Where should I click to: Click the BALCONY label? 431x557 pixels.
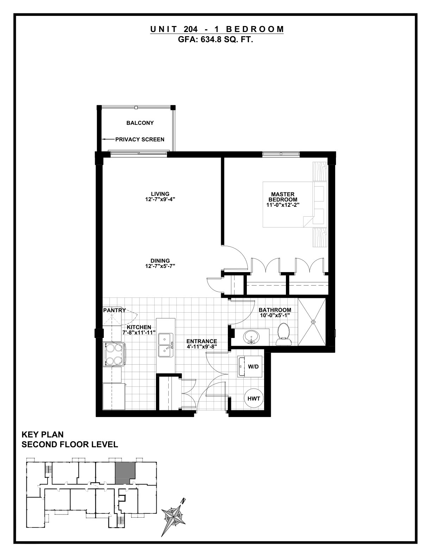pos(140,123)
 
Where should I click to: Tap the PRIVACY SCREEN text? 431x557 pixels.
pos(140,140)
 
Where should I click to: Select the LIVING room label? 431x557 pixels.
pos(160,194)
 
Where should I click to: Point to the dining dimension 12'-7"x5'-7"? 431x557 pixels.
pos(160,266)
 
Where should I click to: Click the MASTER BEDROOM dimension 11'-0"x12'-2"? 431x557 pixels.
pos(283,205)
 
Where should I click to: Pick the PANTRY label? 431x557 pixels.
pos(114,310)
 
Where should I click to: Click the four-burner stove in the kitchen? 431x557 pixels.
pos(114,354)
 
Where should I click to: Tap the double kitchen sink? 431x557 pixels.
pos(166,345)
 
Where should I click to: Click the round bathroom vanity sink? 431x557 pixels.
pos(251,337)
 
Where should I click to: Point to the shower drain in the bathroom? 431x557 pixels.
pos(313,322)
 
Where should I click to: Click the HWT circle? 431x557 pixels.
pos(254,399)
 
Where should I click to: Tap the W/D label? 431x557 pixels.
pos(253,367)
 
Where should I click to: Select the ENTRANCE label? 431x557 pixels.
pos(202,341)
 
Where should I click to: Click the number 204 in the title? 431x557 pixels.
pos(191,29)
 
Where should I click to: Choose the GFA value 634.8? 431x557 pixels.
pos(209,39)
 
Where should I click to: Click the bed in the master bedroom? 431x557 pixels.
pos(295,204)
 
